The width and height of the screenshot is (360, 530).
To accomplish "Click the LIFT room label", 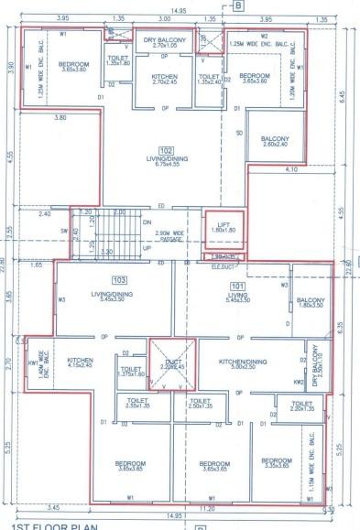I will pos(216,226).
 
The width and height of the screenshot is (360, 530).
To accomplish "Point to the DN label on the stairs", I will pos(147,221).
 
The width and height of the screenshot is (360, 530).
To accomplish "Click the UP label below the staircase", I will pos(146,246).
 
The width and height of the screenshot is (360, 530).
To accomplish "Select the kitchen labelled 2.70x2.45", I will pos(163,78).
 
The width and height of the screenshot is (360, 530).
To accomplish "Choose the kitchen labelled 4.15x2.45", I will pos(81,363).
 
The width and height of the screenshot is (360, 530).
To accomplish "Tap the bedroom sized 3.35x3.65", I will pos(276,463).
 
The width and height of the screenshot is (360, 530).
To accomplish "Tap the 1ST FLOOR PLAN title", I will pos(40,525).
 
